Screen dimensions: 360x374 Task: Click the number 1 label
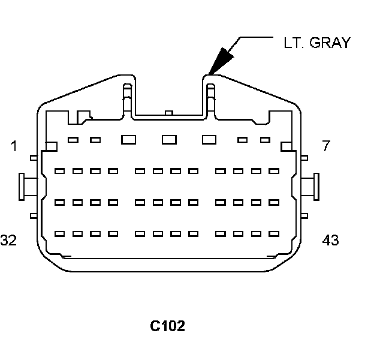coord(13,146)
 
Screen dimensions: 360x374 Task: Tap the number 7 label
coord(326,146)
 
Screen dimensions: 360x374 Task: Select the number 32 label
coord(8,240)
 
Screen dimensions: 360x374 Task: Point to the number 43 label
coord(330,240)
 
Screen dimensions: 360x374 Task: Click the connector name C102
coord(167,326)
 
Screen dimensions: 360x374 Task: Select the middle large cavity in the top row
coord(169,139)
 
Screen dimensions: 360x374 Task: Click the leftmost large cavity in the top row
coord(128,139)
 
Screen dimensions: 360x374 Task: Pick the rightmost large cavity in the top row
coord(209,139)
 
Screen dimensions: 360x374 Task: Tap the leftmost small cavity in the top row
coord(73,140)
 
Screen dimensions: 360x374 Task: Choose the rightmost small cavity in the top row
coord(266,140)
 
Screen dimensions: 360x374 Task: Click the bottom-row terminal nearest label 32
coord(59,233)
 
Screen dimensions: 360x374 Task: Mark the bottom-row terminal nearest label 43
coord(273,233)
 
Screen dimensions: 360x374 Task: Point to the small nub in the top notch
coord(168,112)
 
